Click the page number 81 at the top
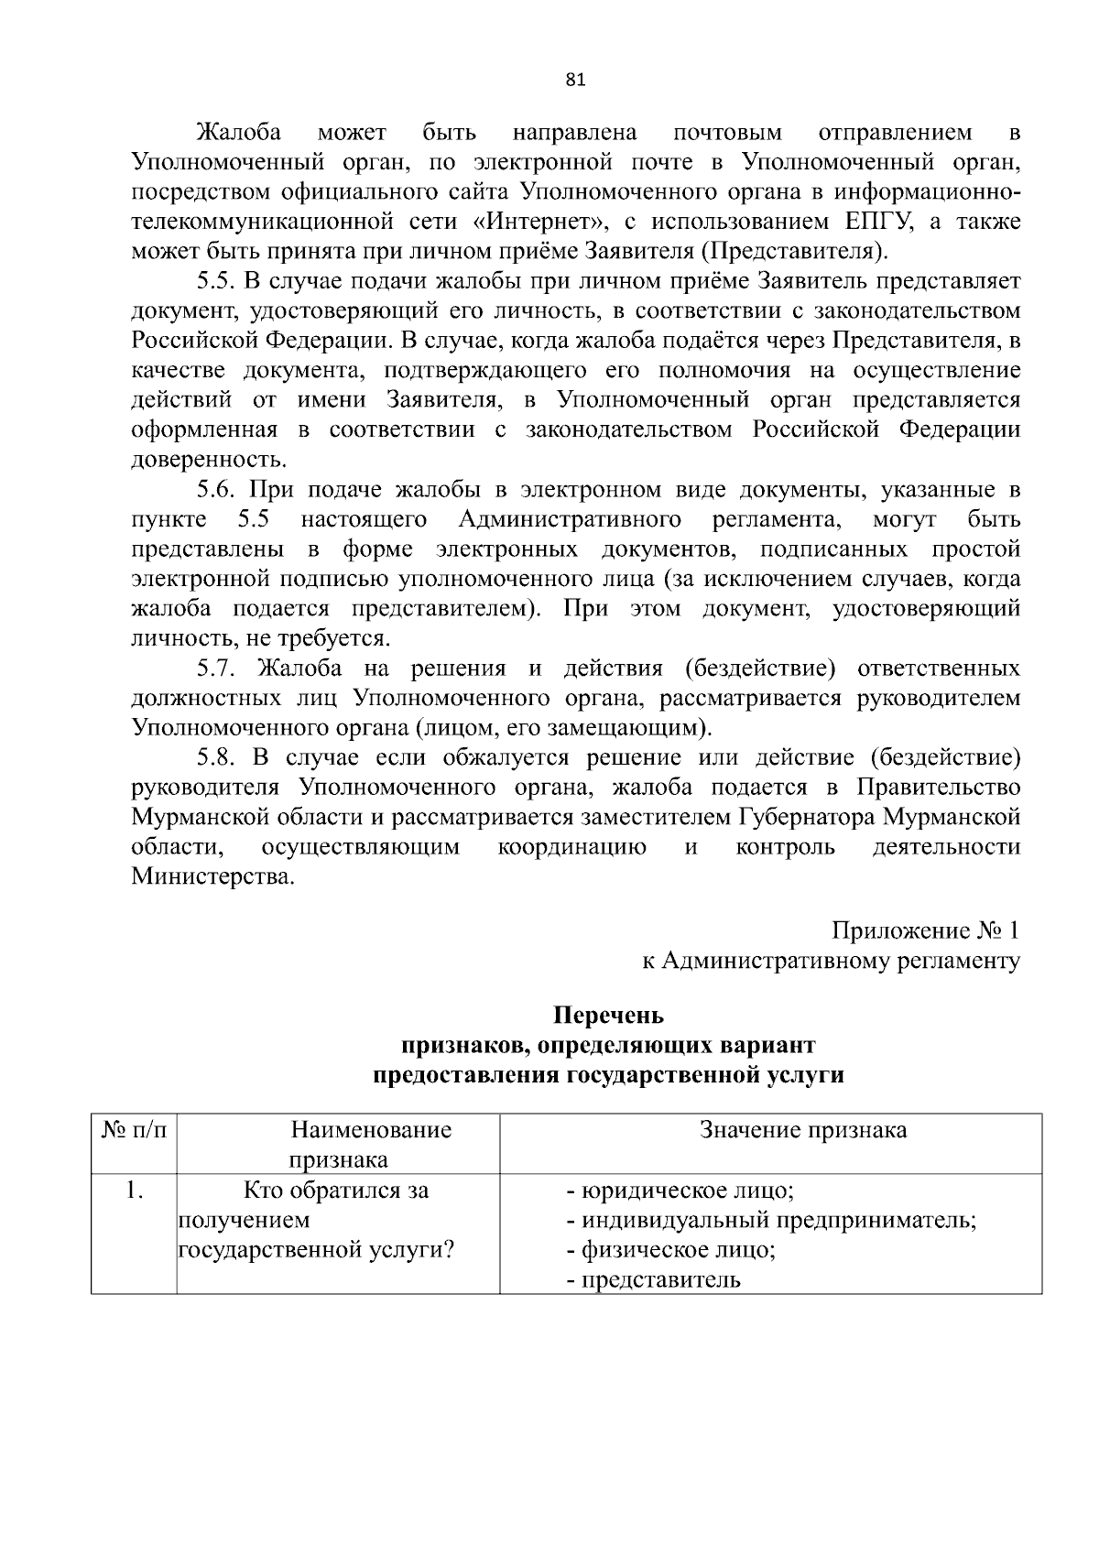575,80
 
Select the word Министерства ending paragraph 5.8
213,877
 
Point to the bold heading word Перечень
608,1016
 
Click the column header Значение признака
803,1130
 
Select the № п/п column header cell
134,1130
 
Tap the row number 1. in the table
135,1191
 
